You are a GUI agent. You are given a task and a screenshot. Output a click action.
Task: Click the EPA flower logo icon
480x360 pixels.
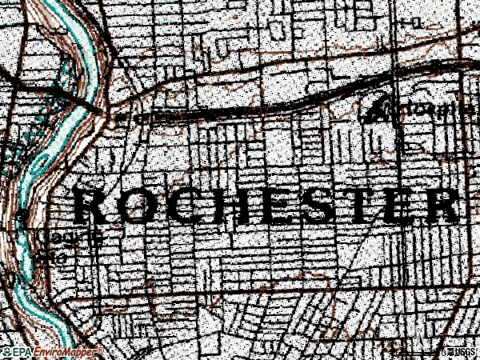pyautogui.click(x=7, y=352)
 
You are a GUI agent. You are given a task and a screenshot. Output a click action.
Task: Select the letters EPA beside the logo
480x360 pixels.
pyautogui.click(x=22, y=352)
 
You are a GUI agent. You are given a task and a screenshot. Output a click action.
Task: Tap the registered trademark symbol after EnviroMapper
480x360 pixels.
pyautogui.click(x=100, y=350)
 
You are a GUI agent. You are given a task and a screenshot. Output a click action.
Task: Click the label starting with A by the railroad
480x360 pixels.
pyautogui.click(x=416, y=110)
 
